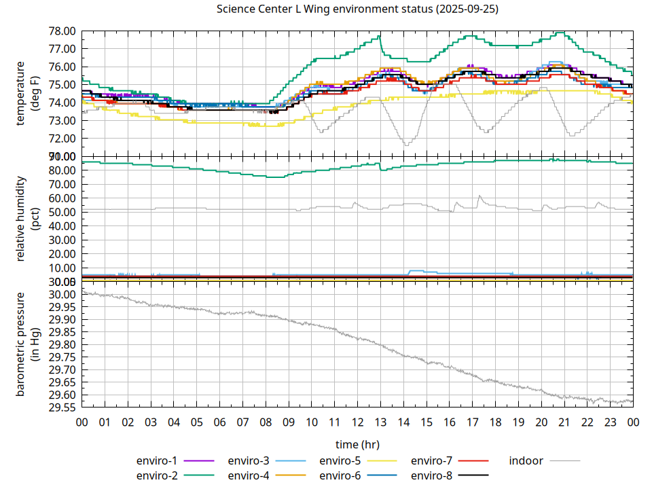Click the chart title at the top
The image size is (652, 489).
point(357,10)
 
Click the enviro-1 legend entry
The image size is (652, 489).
point(156,460)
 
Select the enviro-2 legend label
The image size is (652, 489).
point(156,475)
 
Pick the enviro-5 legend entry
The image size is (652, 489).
point(340,460)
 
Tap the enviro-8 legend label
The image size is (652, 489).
point(431,475)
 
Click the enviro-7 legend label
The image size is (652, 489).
point(431,460)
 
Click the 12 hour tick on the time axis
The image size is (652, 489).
point(357,422)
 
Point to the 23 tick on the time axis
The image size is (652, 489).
point(610,422)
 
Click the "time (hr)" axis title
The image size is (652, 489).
point(357,444)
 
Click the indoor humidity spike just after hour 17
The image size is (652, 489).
point(479,196)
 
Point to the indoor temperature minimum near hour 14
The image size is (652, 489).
point(406,145)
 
